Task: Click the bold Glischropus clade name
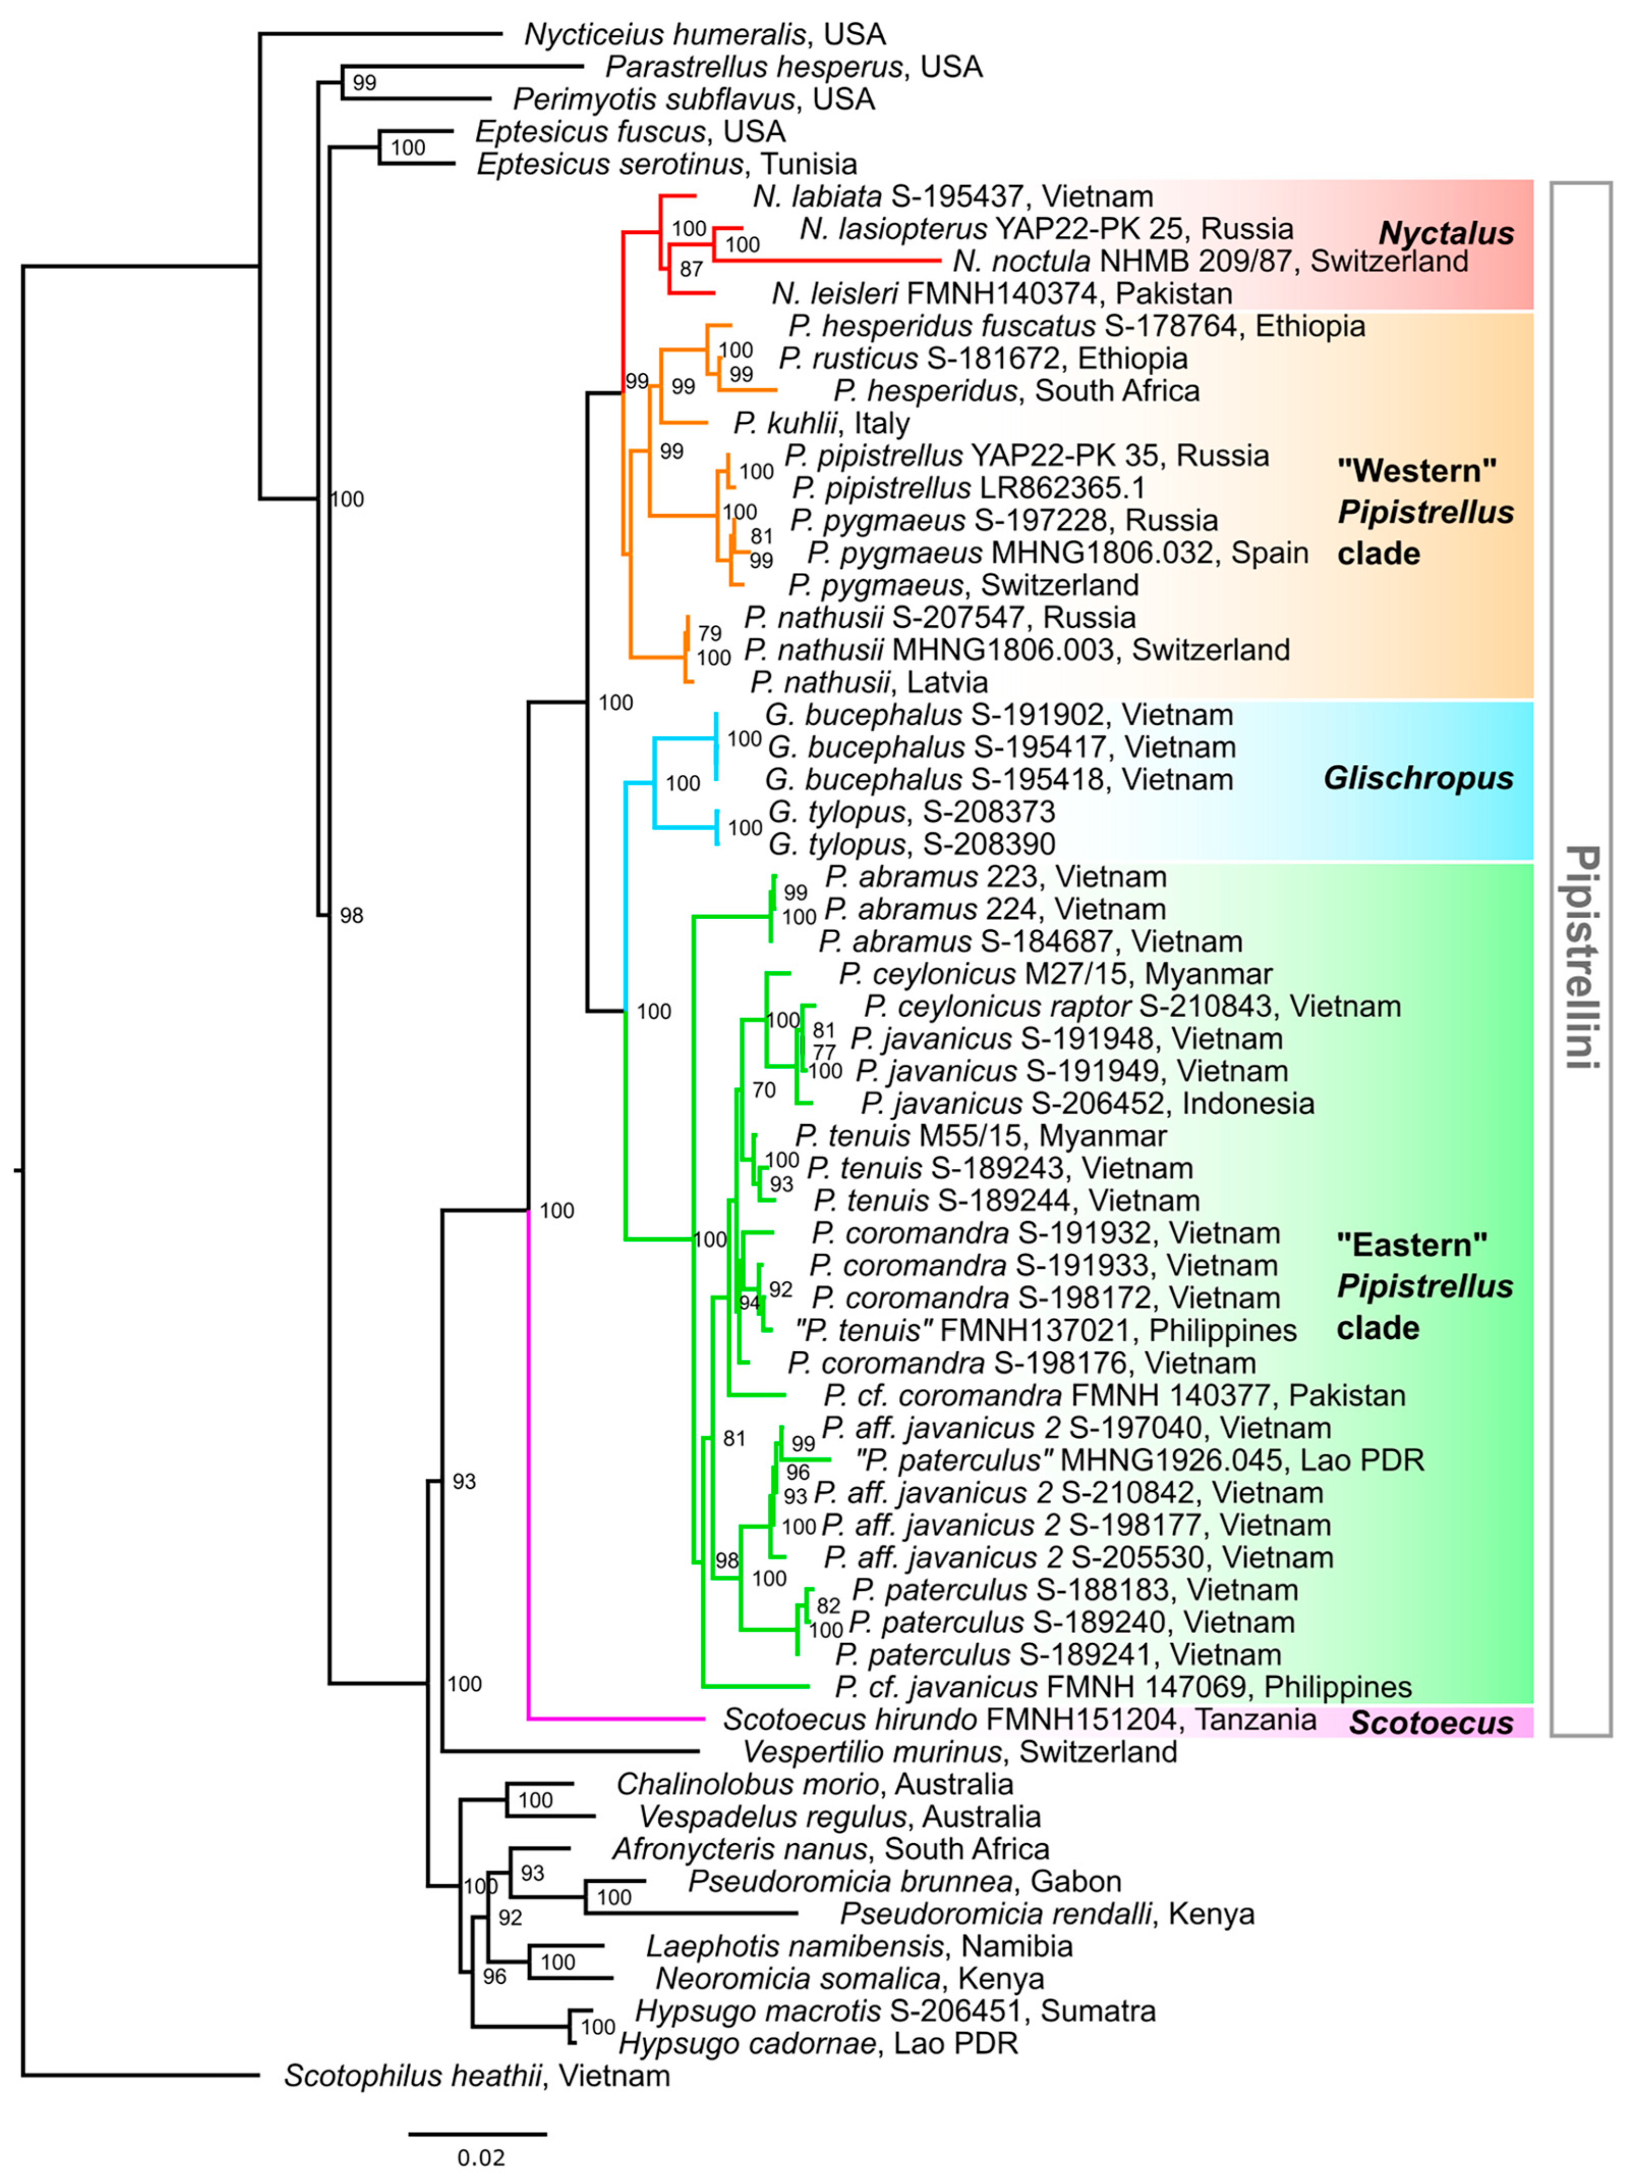point(1418,778)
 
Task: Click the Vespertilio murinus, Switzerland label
point(960,1753)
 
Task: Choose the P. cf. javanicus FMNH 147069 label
point(1122,1687)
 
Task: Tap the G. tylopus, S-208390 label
point(911,844)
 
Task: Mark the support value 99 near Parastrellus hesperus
point(364,83)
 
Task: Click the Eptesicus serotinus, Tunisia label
point(667,164)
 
